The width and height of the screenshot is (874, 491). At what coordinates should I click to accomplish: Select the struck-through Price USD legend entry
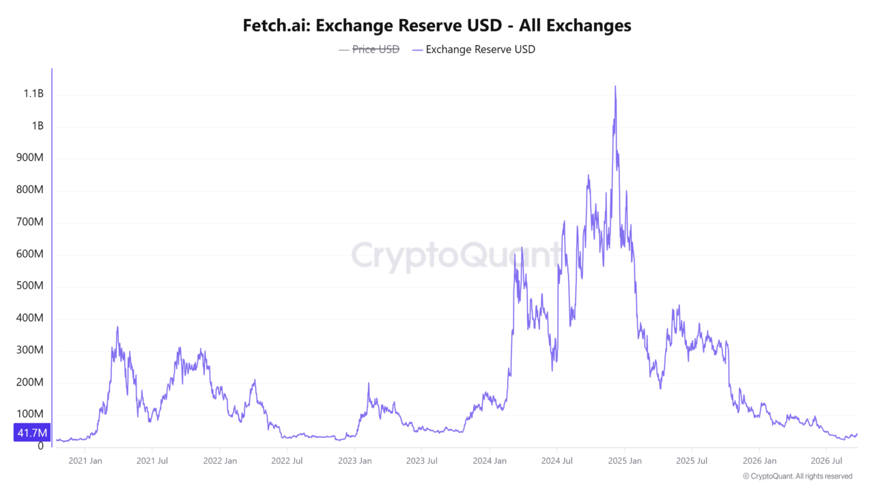click(369, 50)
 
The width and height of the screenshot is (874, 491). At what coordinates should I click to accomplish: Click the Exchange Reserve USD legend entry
click(474, 50)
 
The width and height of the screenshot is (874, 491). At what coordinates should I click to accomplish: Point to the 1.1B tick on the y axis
click(33, 94)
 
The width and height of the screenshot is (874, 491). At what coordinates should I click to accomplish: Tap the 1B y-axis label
click(38, 126)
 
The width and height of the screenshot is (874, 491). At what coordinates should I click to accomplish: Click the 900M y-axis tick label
click(29, 158)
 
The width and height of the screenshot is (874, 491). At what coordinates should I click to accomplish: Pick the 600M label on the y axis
click(29, 254)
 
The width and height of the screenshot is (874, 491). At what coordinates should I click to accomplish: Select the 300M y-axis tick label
click(29, 350)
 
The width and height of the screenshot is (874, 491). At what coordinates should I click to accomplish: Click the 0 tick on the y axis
click(40, 446)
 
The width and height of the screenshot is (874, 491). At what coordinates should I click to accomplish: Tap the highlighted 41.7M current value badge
click(32, 432)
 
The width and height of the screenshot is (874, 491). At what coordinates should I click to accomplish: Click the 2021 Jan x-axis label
click(85, 461)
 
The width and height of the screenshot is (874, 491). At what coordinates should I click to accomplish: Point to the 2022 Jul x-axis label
click(287, 461)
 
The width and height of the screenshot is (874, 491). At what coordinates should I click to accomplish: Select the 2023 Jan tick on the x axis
click(354, 461)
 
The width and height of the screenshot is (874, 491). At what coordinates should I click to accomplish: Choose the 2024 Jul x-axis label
click(556, 461)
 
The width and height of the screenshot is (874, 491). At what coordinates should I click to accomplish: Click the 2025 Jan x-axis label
click(625, 461)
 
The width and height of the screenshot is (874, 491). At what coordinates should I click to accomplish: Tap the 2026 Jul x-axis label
click(826, 461)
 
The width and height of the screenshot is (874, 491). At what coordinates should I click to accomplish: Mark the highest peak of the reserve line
click(615, 87)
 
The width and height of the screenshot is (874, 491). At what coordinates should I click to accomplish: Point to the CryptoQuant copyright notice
click(798, 476)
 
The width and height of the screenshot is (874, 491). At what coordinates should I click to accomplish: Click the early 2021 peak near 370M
click(117, 327)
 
